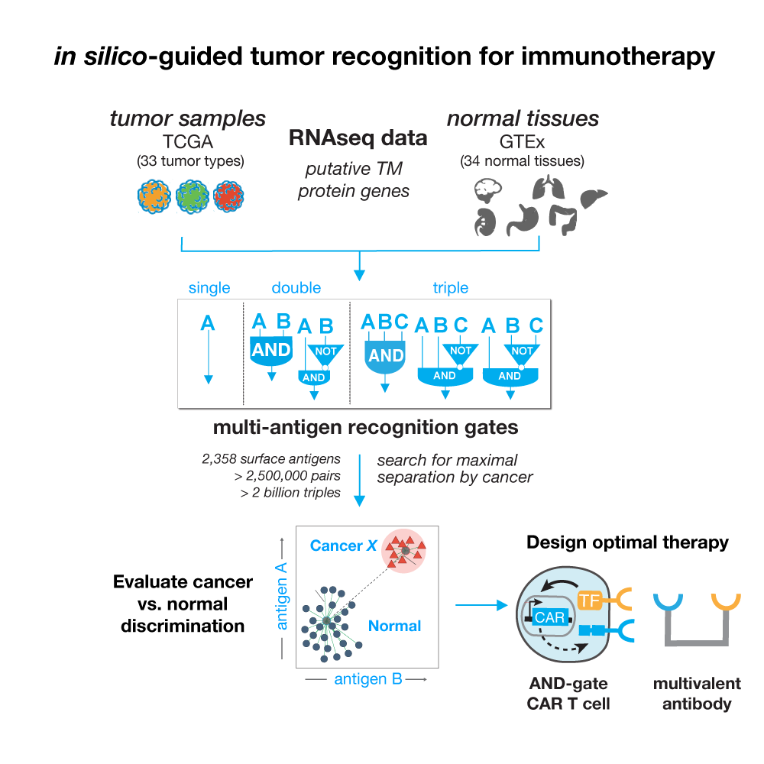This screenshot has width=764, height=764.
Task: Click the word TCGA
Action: coord(187,143)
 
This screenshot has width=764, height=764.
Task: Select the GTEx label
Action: coord(522,143)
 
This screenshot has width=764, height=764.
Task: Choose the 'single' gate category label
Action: coord(209,288)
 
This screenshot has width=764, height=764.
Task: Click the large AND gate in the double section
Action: coord(271,351)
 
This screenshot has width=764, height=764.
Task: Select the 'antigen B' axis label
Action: coord(367,678)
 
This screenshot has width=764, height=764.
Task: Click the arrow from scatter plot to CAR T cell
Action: coord(481,606)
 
